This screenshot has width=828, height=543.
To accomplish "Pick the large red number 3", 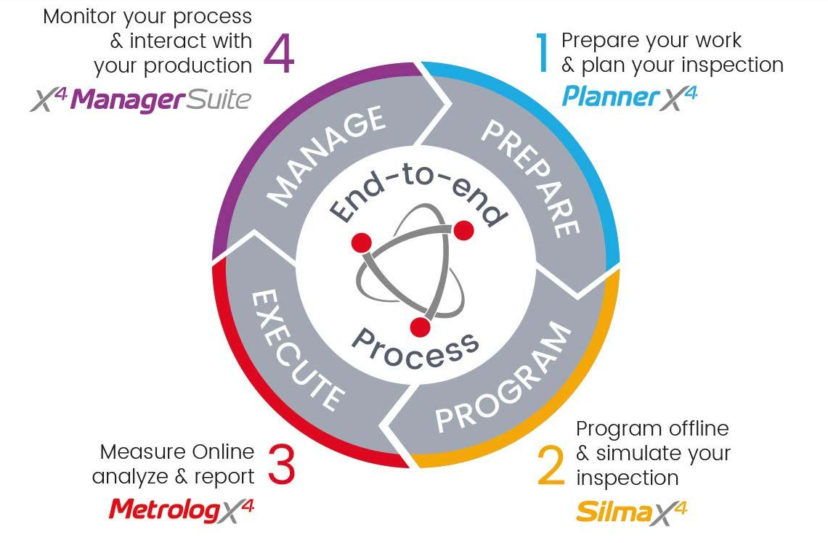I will (281, 465).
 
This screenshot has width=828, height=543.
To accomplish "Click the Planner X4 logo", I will (629, 97).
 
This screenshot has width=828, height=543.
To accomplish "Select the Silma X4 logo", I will (630, 513).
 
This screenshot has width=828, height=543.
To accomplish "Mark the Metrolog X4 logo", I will (182, 510).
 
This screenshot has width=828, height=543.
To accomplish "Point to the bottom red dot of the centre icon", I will (420, 327).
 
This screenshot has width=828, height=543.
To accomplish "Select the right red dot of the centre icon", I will (463, 231).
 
